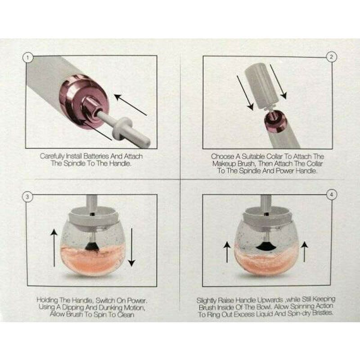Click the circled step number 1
tap(28, 58)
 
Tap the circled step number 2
tap(331, 57)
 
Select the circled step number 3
tap(28, 197)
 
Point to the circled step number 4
tap(331, 195)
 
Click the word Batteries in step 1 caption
tap(96, 156)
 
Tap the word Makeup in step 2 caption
tap(223, 164)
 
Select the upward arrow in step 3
tap(54, 248)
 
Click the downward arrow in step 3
tap(131, 247)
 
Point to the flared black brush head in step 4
tap(266, 246)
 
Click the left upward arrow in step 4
tap(227, 252)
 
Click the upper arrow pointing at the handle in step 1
tap(130, 104)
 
